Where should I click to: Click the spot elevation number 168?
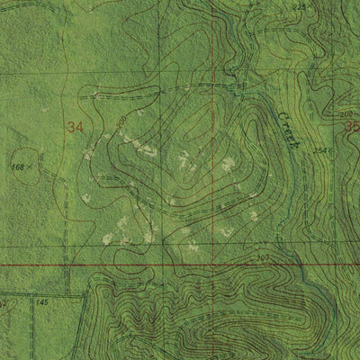(17, 166)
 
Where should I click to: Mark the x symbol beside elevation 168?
(30, 166)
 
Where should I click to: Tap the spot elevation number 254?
(319, 151)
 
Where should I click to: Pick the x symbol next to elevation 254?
(331, 150)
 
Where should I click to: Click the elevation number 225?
(301, 7)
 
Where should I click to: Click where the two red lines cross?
(213, 265)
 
